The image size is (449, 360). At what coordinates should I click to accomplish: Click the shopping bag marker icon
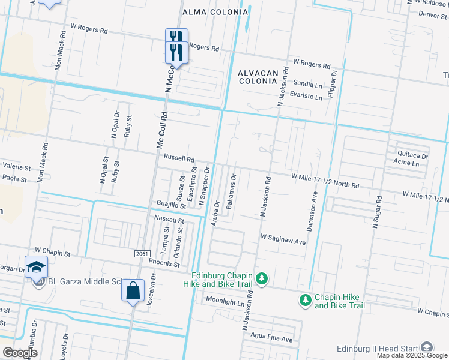point(132,291)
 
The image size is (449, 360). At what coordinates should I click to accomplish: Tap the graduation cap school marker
point(36,266)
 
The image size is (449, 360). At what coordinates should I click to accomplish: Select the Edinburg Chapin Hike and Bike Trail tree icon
point(261,278)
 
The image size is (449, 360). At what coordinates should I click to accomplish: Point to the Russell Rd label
point(179,160)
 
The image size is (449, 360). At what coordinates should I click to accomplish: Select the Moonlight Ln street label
point(225,301)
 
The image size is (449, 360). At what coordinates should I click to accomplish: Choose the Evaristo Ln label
point(306,94)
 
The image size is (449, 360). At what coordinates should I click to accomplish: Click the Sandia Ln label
point(307,84)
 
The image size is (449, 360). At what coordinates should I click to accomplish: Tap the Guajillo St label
point(171,205)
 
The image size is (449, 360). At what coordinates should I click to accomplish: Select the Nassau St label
point(168,220)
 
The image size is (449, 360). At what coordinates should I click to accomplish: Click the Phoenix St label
point(164,262)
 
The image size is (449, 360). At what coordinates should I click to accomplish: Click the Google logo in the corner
point(20,353)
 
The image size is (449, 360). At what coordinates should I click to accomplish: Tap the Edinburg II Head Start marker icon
point(426,347)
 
